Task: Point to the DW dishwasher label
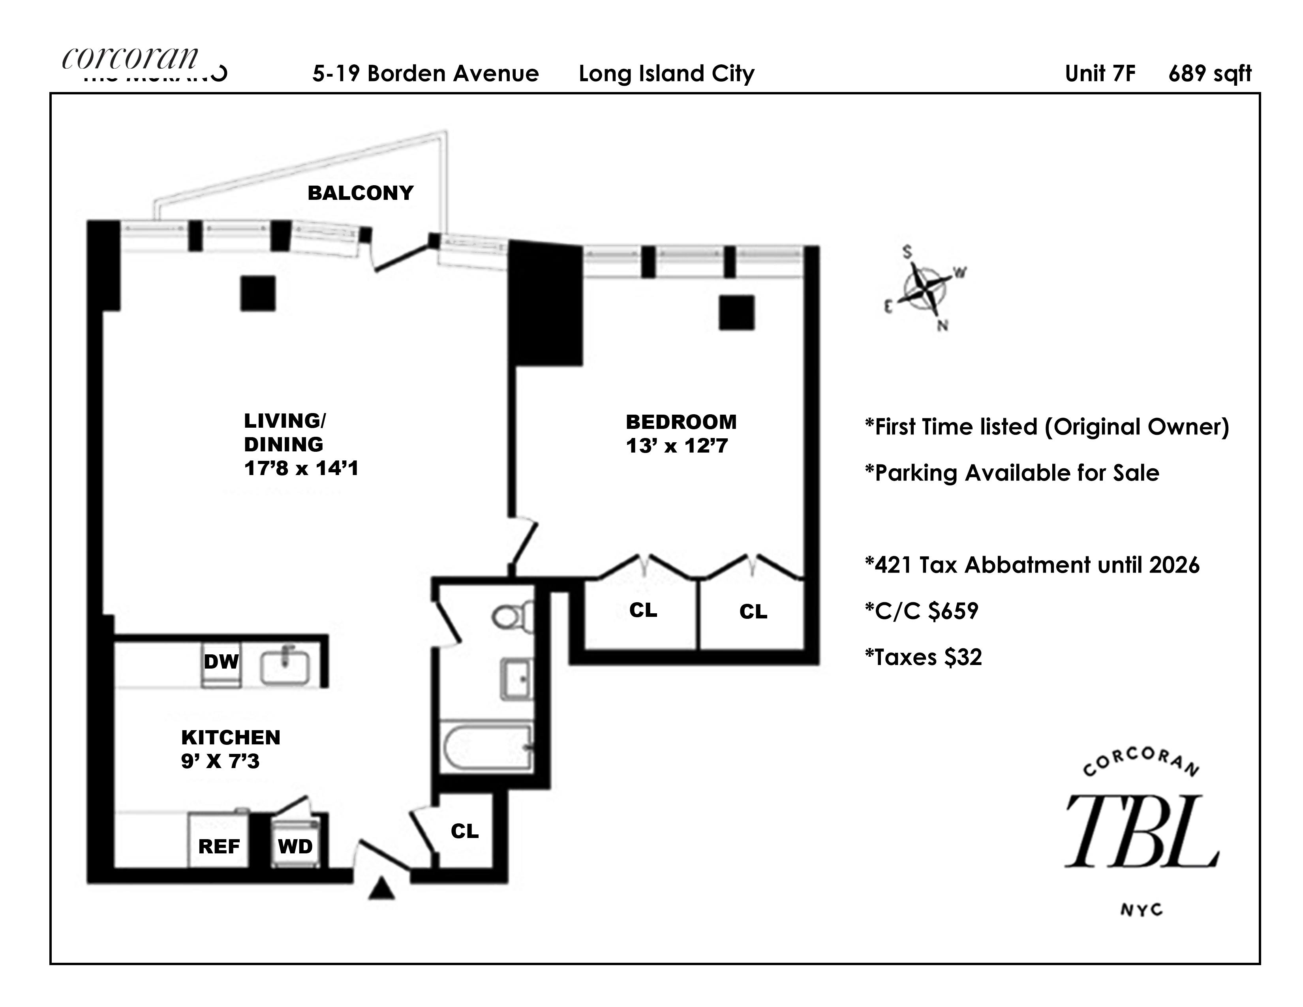[221, 661]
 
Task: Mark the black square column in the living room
[258, 293]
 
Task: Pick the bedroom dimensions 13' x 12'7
[676, 446]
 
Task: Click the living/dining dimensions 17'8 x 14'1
[301, 468]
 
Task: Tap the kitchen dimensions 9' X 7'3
[220, 761]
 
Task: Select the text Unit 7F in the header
[1100, 73]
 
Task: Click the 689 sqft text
[1209, 73]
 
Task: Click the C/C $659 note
[922, 611]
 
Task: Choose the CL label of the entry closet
[464, 831]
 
